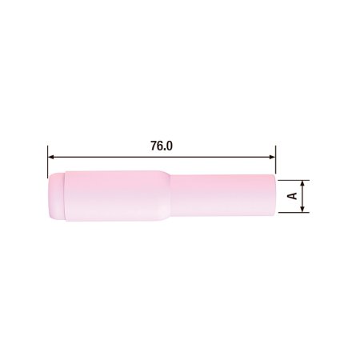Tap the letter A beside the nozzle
pyautogui.click(x=292, y=194)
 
